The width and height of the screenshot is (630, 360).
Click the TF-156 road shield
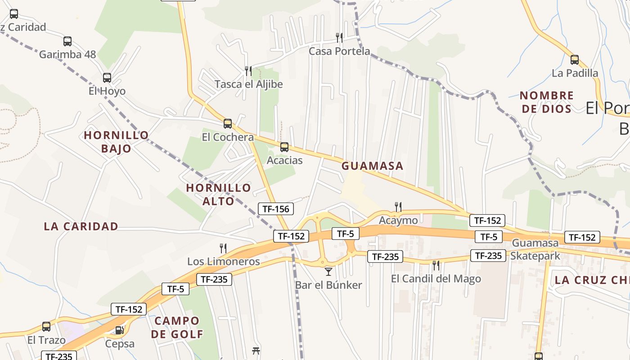click(x=276, y=209)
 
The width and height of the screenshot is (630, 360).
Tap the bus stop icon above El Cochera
click(x=228, y=124)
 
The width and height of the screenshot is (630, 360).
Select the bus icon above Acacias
click(x=284, y=147)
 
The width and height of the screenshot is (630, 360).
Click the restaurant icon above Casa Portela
click(x=339, y=37)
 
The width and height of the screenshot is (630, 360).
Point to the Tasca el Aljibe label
click(x=248, y=84)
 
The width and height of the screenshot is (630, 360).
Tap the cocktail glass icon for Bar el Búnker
click(x=328, y=271)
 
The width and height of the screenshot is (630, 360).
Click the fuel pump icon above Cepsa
click(x=119, y=330)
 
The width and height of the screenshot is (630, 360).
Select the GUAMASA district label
click(x=372, y=166)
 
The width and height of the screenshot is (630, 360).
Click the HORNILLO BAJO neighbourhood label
click(x=116, y=142)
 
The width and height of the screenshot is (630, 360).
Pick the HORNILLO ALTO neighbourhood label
click(x=218, y=194)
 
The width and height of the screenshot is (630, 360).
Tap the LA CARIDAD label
click(x=81, y=226)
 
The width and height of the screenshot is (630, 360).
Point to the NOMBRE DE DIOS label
click(x=546, y=102)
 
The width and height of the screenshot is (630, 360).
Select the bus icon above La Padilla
click(x=574, y=60)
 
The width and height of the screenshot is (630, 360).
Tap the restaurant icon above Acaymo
click(x=398, y=207)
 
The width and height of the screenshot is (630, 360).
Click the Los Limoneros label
click(x=223, y=261)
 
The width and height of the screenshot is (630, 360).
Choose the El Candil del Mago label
click(x=436, y=279)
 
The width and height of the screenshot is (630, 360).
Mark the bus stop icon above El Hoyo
click(x=107, y=78)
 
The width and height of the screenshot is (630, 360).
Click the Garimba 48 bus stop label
click(x=67, y=54)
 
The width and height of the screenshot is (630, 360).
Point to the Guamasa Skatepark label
click(x=535, y=249)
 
